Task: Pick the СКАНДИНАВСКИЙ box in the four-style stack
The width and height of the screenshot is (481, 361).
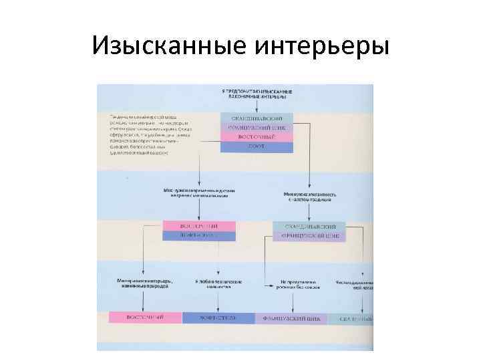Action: click(x=257, y=117)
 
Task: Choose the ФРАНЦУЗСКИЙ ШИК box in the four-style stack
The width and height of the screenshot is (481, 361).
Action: click(x=257, y=127)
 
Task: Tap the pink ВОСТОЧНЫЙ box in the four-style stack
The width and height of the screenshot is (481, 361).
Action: click(x=257, y=137)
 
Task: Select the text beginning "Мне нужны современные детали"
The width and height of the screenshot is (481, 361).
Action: click(x=198, y=193)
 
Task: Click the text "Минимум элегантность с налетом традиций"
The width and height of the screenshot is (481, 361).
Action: click(x=309, y=195)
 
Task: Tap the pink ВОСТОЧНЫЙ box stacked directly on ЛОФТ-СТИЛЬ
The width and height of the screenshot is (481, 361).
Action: click(x=200, y=226)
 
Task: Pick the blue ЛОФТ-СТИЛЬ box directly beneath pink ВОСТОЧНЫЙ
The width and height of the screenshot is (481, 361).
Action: click(x=200, y=235)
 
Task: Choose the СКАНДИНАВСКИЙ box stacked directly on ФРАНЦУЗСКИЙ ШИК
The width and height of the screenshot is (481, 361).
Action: click(x=309, y=227)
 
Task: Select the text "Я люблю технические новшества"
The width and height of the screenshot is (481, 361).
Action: click(x=218, y=283)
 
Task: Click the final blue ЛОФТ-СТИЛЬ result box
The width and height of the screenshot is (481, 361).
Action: click(x=218, y=318)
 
